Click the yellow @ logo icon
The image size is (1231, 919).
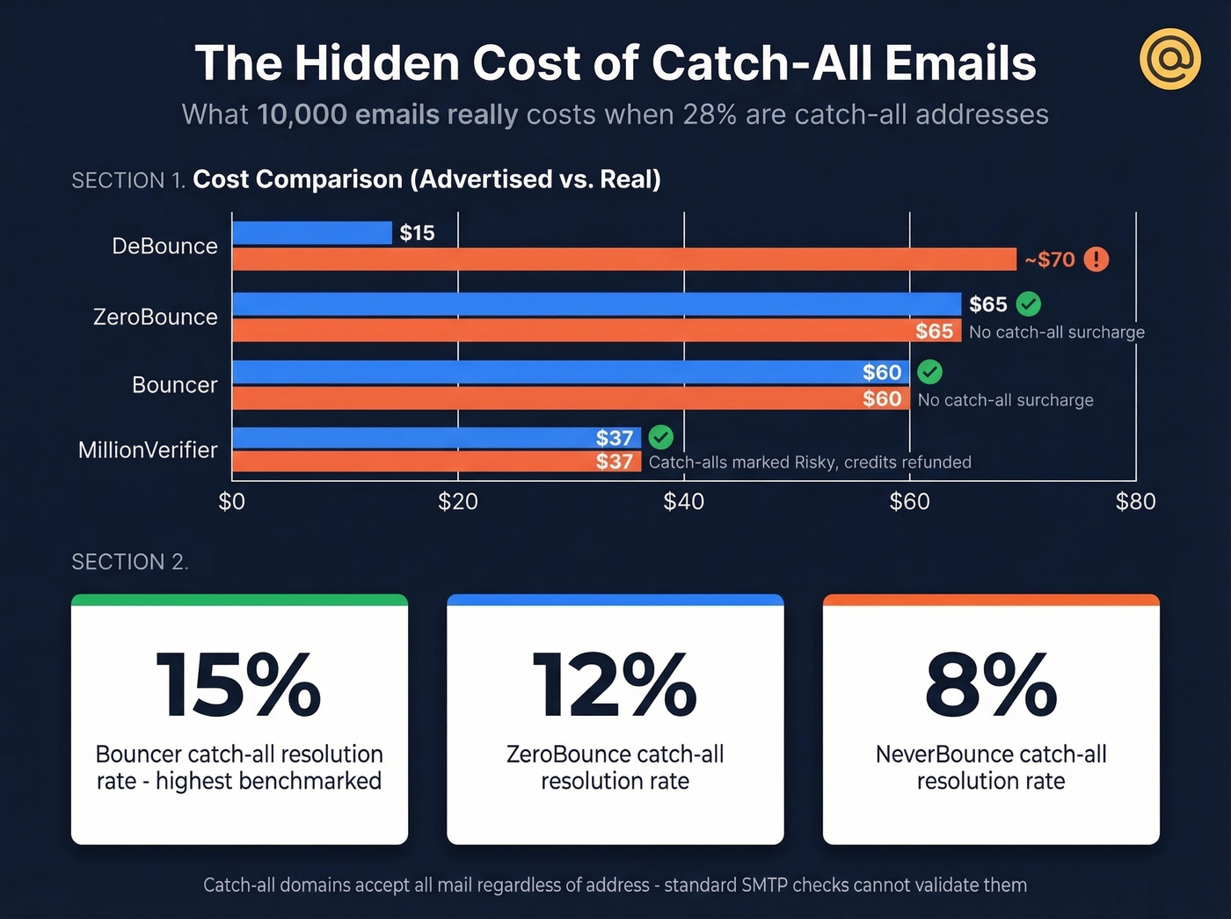[1169, 59]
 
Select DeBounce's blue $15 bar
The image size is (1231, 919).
[312, 233]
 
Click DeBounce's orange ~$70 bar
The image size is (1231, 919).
[624, 259]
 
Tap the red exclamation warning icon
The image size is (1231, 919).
[1096, 259]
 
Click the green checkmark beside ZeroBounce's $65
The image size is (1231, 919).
[1028, 304]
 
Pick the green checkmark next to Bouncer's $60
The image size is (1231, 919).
[929, 372]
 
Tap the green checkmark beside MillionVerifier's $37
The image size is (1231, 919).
[660, 437]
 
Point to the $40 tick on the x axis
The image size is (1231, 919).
[683, 501]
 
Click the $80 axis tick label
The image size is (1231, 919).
[1135, 501]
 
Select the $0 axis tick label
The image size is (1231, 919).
[231, 501]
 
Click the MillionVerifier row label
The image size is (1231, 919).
[148, 450]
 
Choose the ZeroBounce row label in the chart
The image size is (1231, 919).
[156, 317]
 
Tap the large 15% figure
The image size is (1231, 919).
[238, 685]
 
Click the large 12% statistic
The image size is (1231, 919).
[615, 685]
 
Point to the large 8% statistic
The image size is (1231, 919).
[991, 685]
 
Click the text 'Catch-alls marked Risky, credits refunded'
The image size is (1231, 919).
[810, 463]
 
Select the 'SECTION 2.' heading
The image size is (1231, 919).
[130, 562]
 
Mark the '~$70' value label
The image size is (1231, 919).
[1050, 259]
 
